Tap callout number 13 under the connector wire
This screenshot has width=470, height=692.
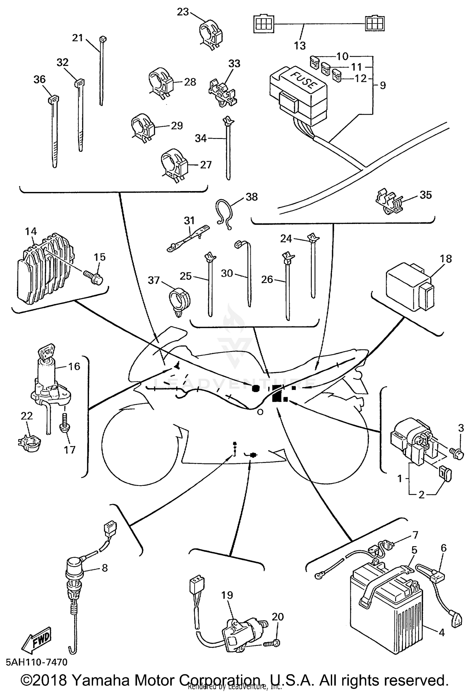[300, 46]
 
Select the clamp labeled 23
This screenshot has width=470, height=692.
[210, 35]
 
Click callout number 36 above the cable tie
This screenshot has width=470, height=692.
[39, 80]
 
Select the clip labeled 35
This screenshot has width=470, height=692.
[389, 201]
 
